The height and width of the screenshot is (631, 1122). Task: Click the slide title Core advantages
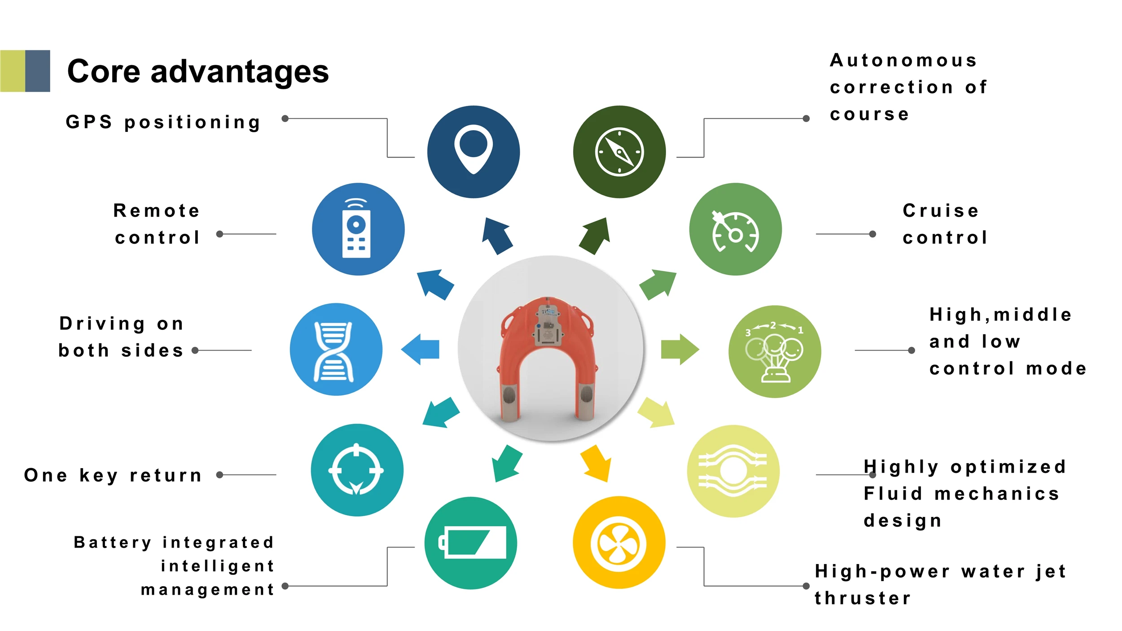pos(197,71)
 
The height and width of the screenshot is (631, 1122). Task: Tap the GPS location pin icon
pos(473,150)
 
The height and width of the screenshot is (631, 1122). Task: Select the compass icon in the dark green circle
pos(619,152)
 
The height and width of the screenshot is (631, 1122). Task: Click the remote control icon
pos(357,229)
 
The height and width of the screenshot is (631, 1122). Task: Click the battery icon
pos(472,542)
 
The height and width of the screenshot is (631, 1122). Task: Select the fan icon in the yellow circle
pos(618,543)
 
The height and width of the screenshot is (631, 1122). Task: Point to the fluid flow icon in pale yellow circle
pos(733,471)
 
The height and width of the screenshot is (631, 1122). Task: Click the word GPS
pos(89,122)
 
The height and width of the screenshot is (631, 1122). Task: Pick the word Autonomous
pos(903,60)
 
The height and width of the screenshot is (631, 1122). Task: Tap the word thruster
pos(863,598)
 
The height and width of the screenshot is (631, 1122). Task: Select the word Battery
pos(112,543)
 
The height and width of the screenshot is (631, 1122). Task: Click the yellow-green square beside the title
pos(13,71)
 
